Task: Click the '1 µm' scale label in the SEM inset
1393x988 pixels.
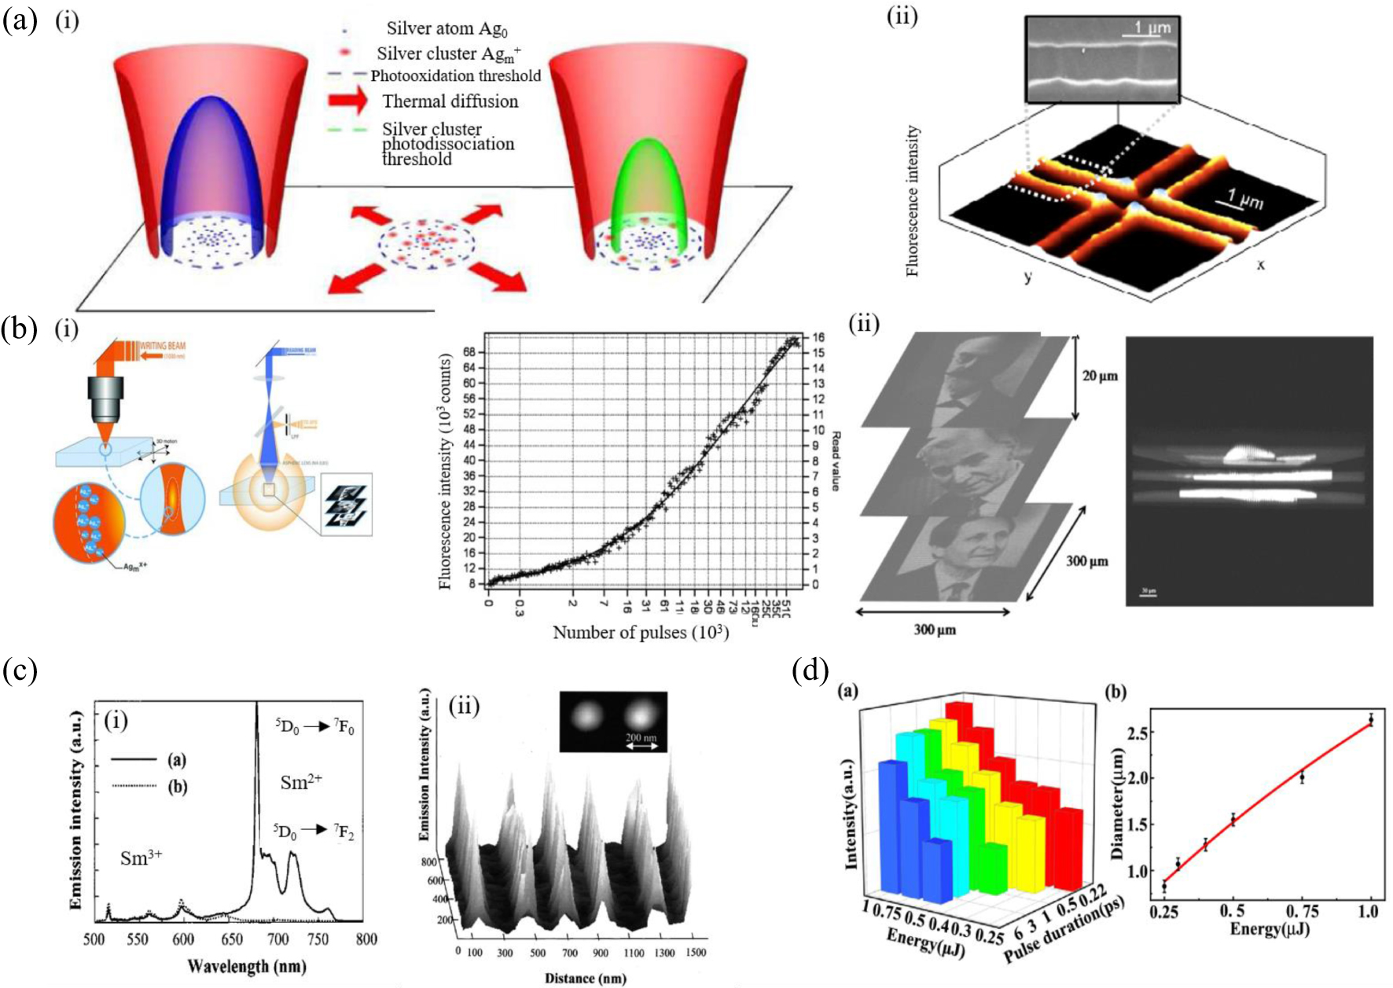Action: [x=1152, y=28]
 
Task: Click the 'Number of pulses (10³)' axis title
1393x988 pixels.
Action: [x=641, y=633]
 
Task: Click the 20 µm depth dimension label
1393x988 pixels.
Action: [x=1099, y=376]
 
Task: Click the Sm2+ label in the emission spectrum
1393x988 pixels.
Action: [x=301, y=782]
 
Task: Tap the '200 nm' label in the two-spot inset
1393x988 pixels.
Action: [x=641, y=737]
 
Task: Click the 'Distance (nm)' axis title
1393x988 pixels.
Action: [x=585, y=978]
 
